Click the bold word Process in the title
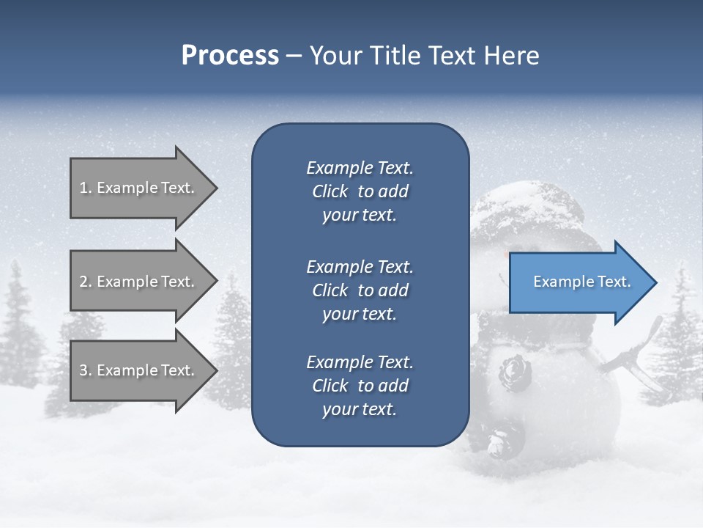click(230, 56)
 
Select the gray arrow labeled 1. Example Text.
click(139, 188)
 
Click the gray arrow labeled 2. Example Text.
click(139, 282)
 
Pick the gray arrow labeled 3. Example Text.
click(139, 370)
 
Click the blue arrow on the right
click(579, 282)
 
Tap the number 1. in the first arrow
click(86, 188)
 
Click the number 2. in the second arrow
click(86, 282)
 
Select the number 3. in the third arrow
click(86, 370)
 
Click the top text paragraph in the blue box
click(360, 191)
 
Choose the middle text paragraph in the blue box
click(360, 290)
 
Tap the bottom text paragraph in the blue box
click(360, 386)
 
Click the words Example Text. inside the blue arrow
click(581, 282)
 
